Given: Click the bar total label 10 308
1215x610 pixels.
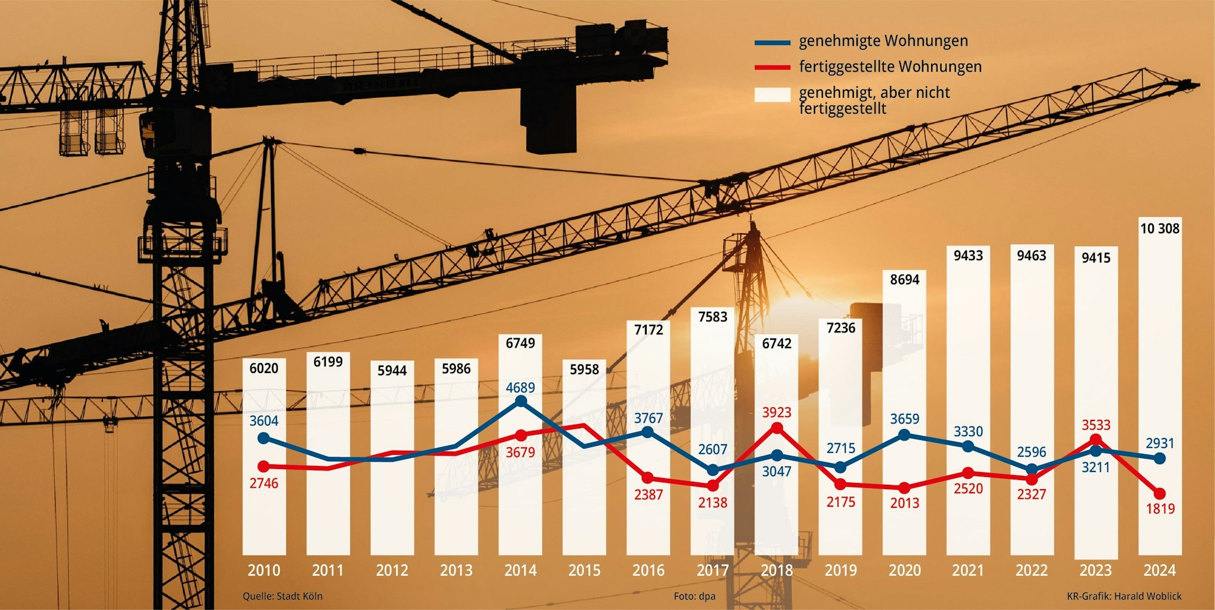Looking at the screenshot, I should click(x=1159, y=228).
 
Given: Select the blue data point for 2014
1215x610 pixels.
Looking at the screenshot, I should click(x=521, y=401).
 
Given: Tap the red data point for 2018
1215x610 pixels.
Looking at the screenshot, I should click(x=777, y=428).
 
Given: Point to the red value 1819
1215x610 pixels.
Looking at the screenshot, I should click(x=1160, y=509).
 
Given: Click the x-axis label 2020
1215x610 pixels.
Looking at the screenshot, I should click(x=904, y=571).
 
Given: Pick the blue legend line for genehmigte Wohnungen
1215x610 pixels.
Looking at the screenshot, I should click(x=772, y=43).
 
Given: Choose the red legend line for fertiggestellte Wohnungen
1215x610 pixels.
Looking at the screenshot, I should click(x=772, y=67).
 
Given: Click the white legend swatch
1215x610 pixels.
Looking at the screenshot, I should click(x=772, y=94).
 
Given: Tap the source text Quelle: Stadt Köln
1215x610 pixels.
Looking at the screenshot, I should click(x=283, y=596).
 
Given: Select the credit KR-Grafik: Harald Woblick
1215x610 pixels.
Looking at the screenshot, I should click(x=1124, y=596).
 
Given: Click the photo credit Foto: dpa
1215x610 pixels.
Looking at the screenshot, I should click(x=694, y=596).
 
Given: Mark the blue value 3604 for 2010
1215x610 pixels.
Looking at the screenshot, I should click(x=264, y=420).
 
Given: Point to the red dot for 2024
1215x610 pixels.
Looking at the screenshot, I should click(x=1160, y=493).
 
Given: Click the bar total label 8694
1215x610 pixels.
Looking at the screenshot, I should click(x=904, y=279).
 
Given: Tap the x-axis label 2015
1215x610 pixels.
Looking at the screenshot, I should click(x=584, y=571).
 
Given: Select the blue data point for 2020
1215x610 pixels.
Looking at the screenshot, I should click(x=904, y=434).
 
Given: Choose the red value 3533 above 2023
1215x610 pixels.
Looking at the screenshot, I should click(x=1095, y=425).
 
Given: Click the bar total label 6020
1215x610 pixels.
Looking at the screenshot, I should click(x=264, y=368).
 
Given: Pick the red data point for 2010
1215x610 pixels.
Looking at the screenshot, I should click(x=264, y=466).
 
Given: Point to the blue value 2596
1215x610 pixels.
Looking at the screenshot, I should click(x=1031, y=452).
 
